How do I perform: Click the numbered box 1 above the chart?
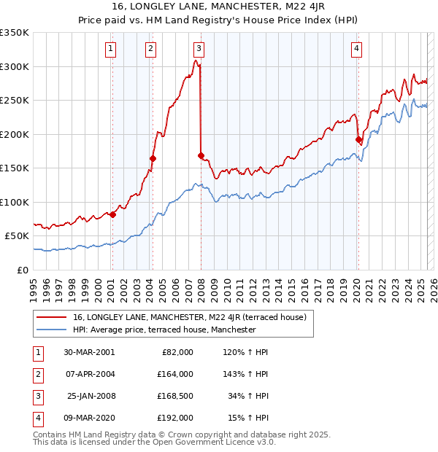111,49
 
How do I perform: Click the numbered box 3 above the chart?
199,49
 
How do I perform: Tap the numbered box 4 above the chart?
356,49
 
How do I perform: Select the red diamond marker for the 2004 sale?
153,158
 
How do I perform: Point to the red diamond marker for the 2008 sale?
201,155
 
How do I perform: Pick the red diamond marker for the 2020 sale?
358,139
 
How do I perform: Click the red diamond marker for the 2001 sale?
113,214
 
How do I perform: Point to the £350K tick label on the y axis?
15,33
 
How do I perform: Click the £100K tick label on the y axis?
15,202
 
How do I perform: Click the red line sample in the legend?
51,317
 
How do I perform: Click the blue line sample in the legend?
51,330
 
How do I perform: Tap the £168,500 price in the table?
174,396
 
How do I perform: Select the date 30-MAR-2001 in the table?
89,352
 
